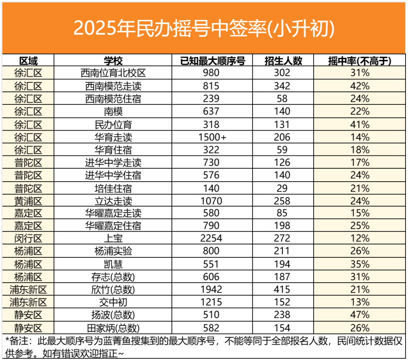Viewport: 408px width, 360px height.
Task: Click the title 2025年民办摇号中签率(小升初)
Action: pos(204,28)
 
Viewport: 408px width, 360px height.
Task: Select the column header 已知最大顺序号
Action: pos(213,61)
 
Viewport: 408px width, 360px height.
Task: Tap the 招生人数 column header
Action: pos(284,61)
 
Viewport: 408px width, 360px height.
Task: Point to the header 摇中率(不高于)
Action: pos(360,61)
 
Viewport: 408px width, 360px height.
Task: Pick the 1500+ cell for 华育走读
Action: pos(213,137)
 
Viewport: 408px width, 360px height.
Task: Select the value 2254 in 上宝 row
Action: pos(213,239)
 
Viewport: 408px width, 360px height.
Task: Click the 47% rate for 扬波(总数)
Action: pos(360,315)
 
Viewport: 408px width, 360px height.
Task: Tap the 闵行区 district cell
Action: pos(28,239)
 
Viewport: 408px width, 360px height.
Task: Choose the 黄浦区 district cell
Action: pos(28,201)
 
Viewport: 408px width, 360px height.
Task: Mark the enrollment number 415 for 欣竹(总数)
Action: pos(284,289)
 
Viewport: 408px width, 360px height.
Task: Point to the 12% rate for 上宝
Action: pos(360,239)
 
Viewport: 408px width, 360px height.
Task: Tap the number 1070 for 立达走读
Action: pos(213,201)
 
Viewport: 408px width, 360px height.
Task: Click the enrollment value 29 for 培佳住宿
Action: pos(284,188)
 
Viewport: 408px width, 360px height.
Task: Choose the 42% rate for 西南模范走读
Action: pos(360,86)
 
